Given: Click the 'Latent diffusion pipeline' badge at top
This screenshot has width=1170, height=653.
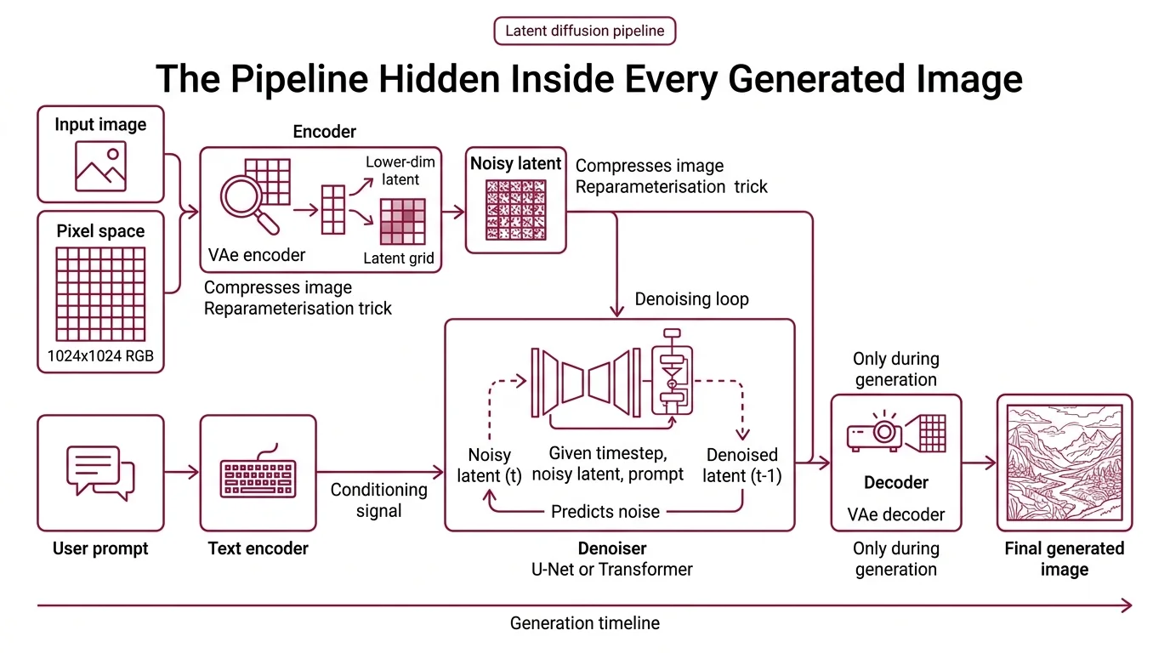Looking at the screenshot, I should click(584, 31).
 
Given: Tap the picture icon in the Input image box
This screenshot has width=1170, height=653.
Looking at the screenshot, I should click(100, 165).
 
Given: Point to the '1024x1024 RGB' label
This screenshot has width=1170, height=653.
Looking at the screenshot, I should click(100, 356).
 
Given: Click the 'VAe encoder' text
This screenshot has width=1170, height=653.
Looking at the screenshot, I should click(257, 254).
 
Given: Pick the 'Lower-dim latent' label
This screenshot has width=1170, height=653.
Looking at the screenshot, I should click(393, 170).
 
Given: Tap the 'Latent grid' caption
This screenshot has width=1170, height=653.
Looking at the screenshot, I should click(398, 258).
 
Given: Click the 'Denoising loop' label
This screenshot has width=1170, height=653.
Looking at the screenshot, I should click(691, 299).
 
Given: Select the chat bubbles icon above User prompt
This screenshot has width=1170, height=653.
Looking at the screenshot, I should click(100, 471).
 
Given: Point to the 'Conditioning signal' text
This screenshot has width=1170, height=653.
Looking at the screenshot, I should click(378, 500).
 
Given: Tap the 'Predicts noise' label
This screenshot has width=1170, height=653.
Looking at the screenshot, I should click(605, 511).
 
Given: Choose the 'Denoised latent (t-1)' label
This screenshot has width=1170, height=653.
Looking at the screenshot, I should click(741, 465).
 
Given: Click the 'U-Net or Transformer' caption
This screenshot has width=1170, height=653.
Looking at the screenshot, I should click(611, 569).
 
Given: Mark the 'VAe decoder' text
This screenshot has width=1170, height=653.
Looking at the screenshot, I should click(895, 514).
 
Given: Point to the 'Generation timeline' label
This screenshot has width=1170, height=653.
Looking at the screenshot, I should click(584, 623).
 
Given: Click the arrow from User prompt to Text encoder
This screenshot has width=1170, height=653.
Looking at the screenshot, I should click(181, 471).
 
